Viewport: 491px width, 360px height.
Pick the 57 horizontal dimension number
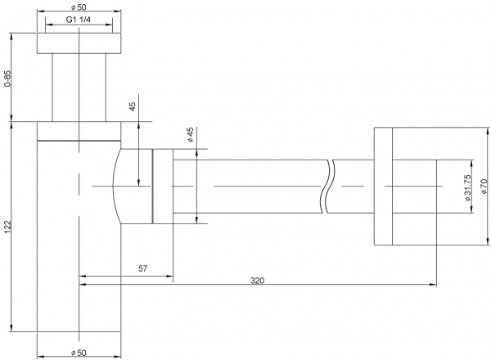click(142, 268)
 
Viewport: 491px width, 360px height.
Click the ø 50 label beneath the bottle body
click(79, 352)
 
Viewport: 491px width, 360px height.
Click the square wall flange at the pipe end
click(384, 186)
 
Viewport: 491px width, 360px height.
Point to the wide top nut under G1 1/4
click(79, 45)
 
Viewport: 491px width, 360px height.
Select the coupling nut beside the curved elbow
click(162, 187)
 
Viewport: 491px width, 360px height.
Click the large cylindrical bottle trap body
click(79, 237)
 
